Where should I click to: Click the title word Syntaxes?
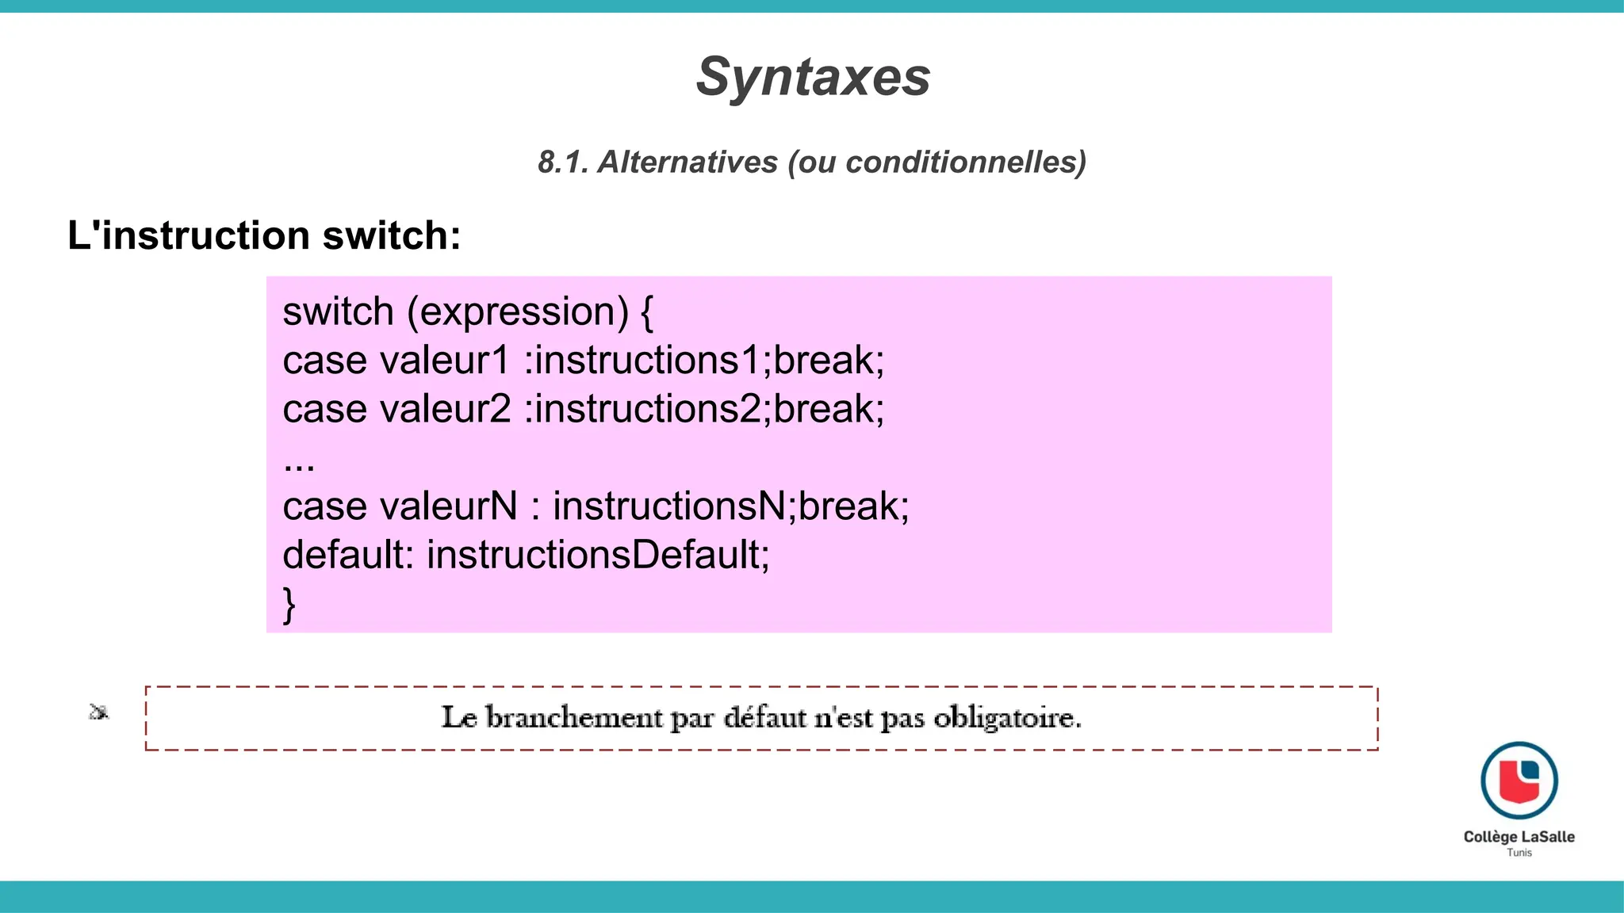click(813, 78)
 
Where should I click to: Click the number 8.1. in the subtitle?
click(563, 162)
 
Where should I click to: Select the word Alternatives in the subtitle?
click(688, 162)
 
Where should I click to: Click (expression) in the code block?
click(518, 311)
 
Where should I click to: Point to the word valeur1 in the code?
click(445, 361)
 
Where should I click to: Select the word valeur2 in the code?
click(446, 409)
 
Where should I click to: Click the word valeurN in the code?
click(449, 506)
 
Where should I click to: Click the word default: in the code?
click(348, 555)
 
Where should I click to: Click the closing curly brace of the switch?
click(289, 605)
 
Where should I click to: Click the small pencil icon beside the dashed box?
click(98, 712)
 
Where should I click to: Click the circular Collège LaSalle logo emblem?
click(1519, 781)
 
